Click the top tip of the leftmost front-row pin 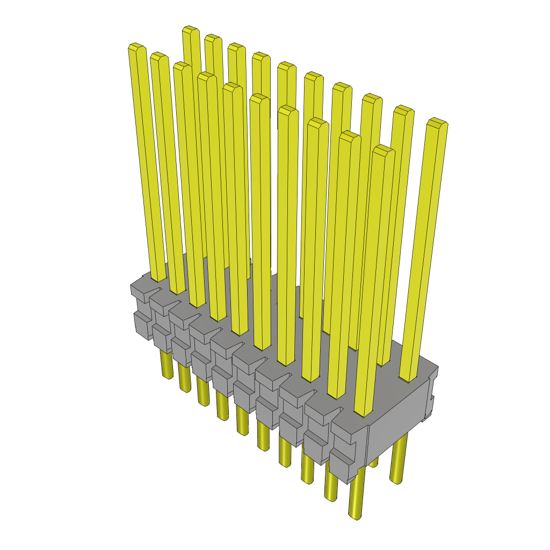(x=137, y=48)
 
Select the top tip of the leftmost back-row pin (x=191, y=30)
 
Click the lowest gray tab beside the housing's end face (x=344, y=465)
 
